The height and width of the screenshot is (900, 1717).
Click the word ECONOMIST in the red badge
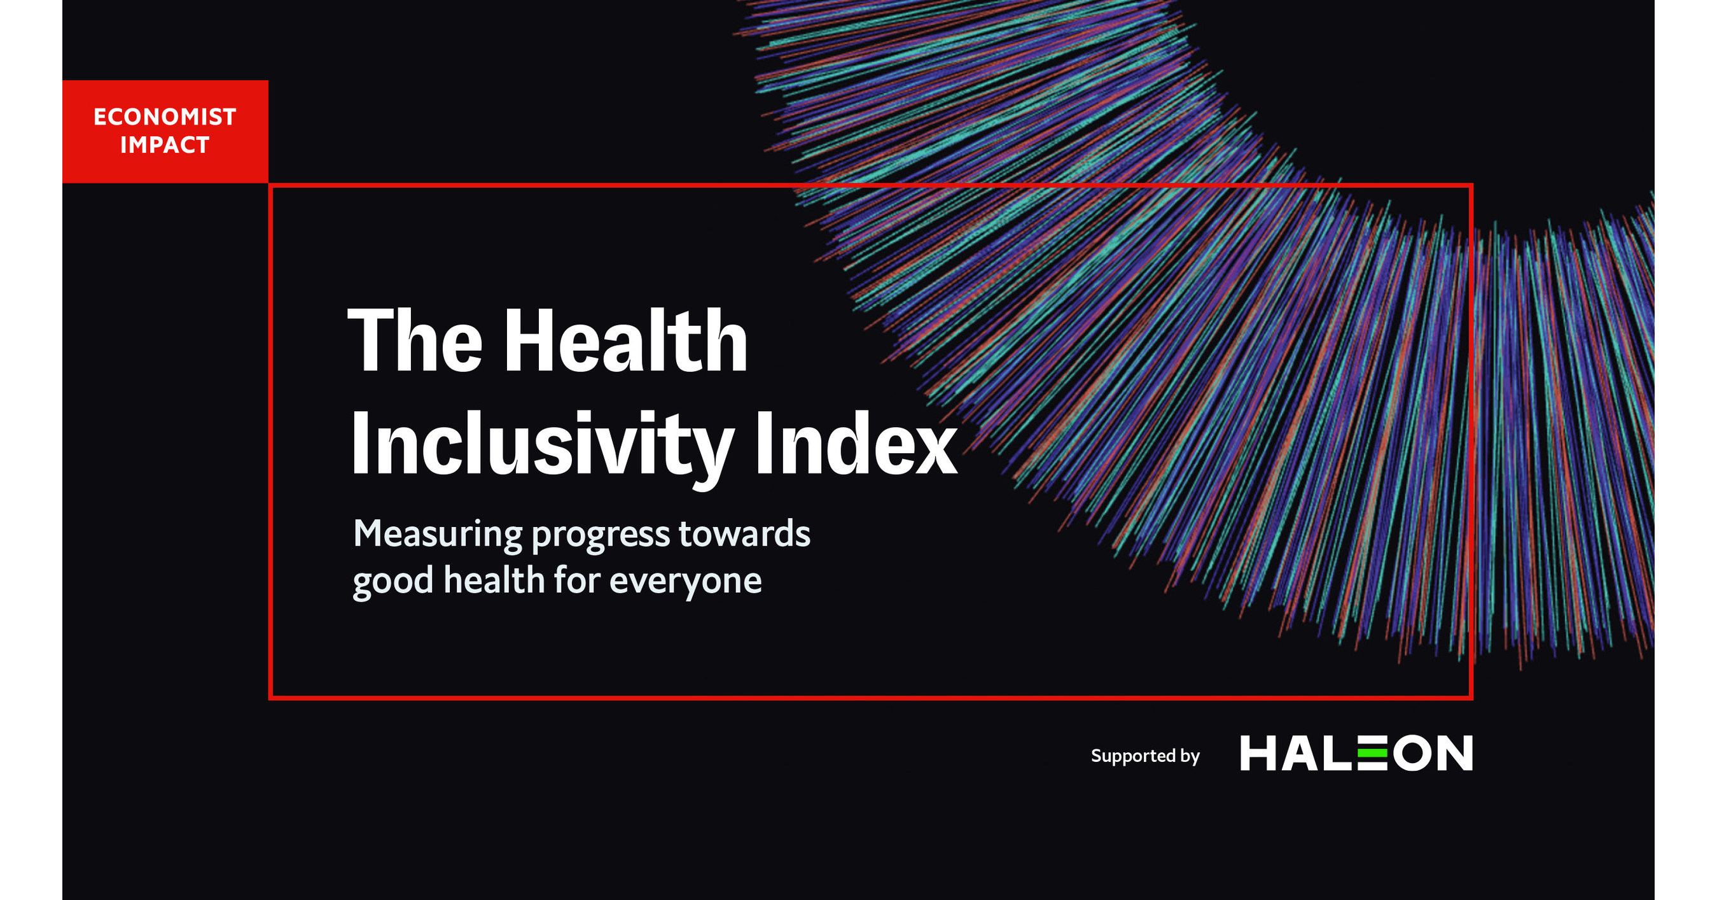(x=165, y=117)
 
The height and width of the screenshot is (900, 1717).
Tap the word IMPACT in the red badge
(x=165, y=145)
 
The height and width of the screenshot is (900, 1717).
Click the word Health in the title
(x=625, y=341)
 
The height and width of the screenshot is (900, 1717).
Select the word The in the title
(x=415, y=341)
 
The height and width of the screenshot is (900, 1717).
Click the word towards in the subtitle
(x=744, y=534)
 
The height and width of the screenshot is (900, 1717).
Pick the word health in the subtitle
(x=494, y=580)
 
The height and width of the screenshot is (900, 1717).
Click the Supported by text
(x=1145, y=756)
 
